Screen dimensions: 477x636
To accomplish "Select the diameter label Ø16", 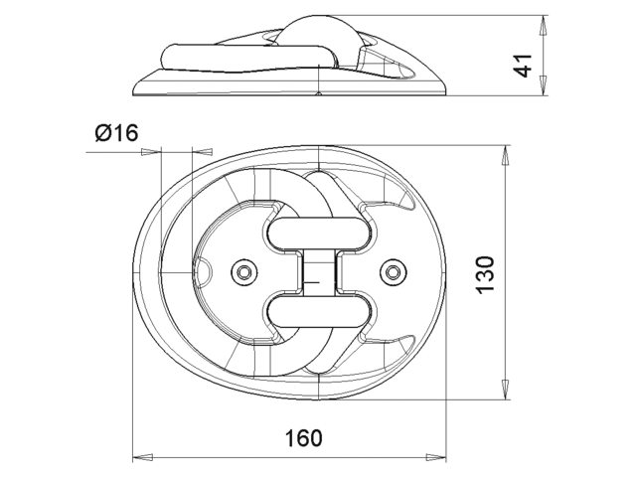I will point(116,133).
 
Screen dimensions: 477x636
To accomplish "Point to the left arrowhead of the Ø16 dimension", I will point(151,152).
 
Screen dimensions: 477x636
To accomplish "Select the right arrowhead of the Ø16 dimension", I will point(196,152).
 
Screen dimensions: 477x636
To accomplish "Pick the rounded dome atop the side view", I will point(318,35).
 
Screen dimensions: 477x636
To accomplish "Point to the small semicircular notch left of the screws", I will point(201,272).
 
